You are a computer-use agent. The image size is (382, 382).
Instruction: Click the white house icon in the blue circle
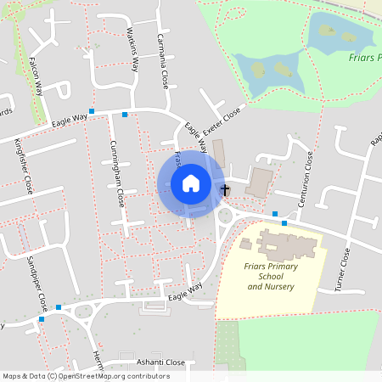pos(190,183)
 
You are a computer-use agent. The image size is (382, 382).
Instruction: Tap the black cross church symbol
pos(225,190)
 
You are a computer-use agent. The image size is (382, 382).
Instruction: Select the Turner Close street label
pos(344,268)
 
